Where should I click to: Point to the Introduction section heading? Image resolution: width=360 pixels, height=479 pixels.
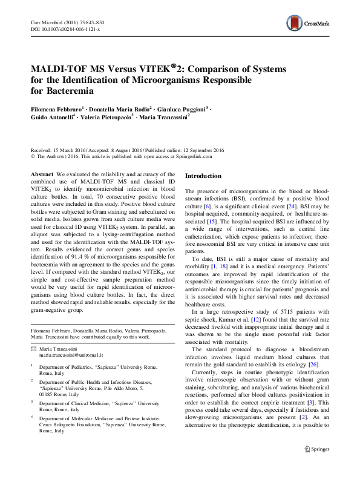coord(203,176)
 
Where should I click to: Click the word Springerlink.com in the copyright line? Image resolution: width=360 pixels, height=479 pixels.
coord(195,156)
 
